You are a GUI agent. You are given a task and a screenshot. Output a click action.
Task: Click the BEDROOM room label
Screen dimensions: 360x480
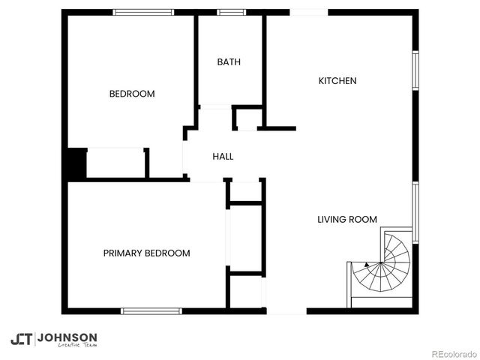[132, 94]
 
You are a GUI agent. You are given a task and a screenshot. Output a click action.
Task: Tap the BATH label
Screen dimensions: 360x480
[229, 62]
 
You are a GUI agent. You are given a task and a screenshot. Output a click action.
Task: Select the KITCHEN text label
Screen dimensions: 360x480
[337, 81]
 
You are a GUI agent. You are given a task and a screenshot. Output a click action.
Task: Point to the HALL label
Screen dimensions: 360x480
[223, 157]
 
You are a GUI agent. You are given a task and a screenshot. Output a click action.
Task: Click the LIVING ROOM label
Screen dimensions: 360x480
[346, 220]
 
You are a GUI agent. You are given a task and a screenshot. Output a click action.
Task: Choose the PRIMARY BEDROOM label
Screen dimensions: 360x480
[146, 253]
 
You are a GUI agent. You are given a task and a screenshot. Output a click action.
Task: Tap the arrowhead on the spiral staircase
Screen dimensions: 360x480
[366, 264]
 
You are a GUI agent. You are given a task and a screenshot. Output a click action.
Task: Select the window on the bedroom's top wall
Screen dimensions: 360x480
[143, 12]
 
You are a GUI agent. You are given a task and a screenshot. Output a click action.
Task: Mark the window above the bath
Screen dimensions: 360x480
[231, 12]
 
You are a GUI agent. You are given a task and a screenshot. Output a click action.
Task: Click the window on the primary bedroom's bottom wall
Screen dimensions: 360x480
[151, 310]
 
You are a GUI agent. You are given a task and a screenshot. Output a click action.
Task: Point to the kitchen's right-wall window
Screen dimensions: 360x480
[415, 71]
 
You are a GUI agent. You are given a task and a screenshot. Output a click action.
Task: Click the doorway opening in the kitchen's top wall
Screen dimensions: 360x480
[308, 12]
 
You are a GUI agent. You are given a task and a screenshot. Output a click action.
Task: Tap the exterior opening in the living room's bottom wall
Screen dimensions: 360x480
[286, 310]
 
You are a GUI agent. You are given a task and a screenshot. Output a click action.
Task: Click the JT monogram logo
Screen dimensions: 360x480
[21, 339]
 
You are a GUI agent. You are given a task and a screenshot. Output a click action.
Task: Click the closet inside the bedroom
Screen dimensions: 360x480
[115, 163]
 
